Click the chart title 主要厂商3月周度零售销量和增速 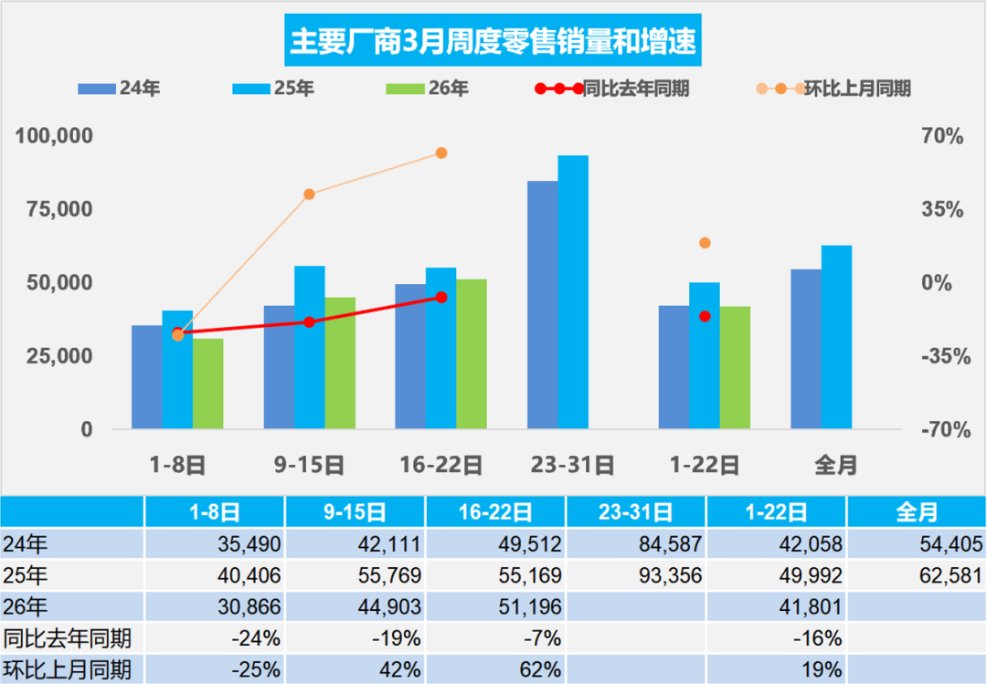coord(493,41)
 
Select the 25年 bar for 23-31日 coord(573,292)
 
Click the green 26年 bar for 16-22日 coord(472,354)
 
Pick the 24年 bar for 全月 coord(806,349)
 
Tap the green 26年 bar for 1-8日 coord(207,384)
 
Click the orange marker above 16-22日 coord(440,153)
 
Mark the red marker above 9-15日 coord(309,322)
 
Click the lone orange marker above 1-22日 coord(705,243)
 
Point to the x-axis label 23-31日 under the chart coord(572,465)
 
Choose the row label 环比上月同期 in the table coord(69,668)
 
